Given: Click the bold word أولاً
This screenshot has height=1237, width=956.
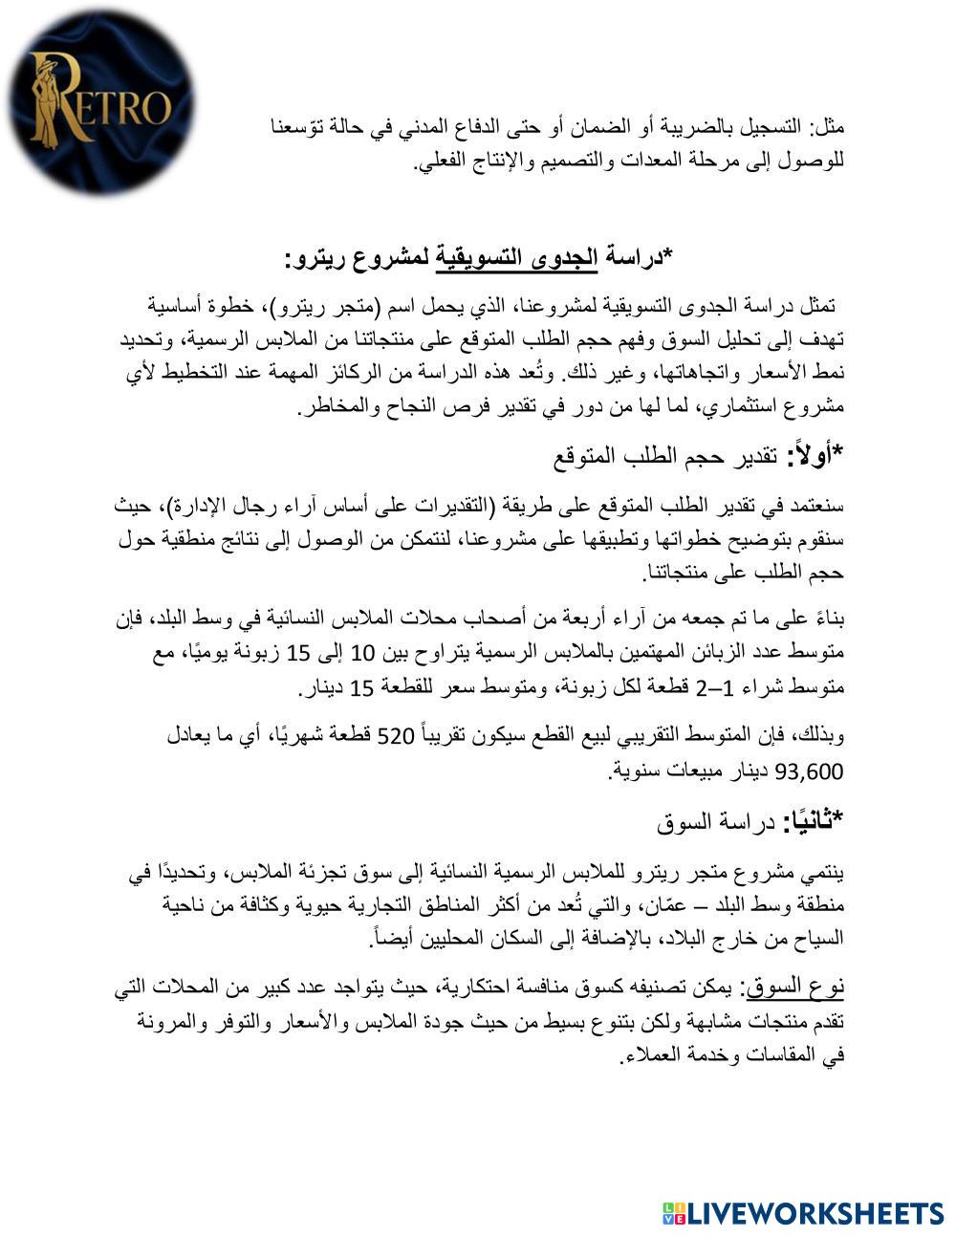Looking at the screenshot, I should pyautogui.click(x=810, y=456).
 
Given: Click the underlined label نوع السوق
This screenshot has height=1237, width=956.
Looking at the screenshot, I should pyautogui.click(x=802, y=987).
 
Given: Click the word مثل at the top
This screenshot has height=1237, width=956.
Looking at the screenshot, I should pyautogui.click(x=828, y=126).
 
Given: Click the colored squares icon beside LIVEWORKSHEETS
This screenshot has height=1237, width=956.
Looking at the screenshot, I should pyautogui.click(x=674, y=1213).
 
